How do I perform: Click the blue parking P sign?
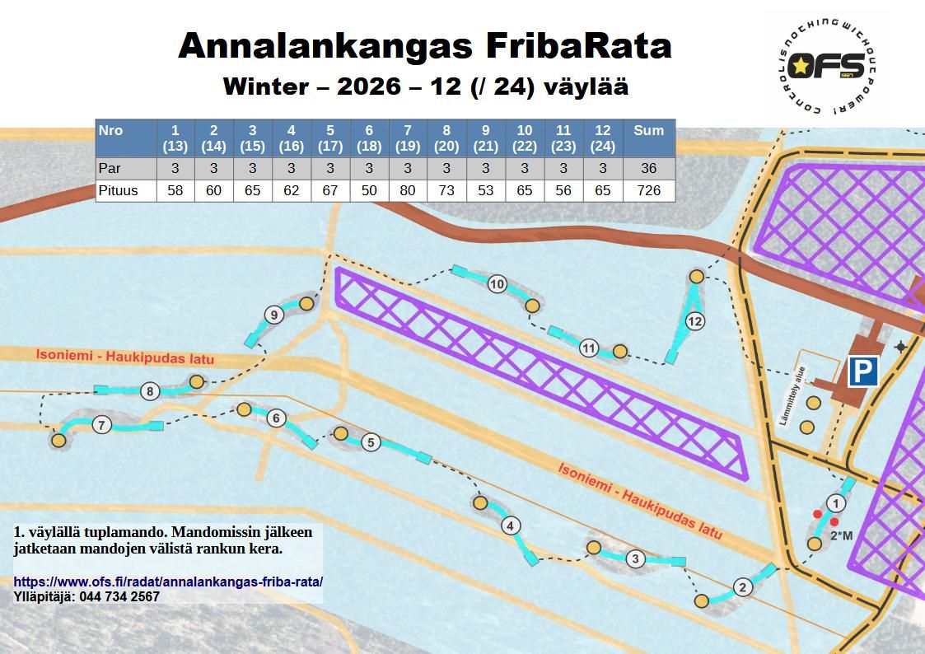(862, 371)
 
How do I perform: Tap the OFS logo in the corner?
(825, 67)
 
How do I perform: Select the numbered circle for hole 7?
(101, 425)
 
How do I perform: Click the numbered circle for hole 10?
(497, 284)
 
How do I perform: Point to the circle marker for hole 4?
(511, 526)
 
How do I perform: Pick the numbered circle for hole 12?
(695, 321)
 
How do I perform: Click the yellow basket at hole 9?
(306, 304)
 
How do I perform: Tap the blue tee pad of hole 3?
(678, 562)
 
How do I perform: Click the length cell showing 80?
(407, 191)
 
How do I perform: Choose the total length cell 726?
(648, 191)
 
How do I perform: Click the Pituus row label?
(118, 191)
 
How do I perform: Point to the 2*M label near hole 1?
(841, 536)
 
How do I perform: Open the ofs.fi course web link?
(168, 582)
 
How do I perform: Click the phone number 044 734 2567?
(119, 596)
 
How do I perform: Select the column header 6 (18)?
(369, 138)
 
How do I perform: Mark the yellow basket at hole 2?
(701, 601)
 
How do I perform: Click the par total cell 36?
(648, 169)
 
